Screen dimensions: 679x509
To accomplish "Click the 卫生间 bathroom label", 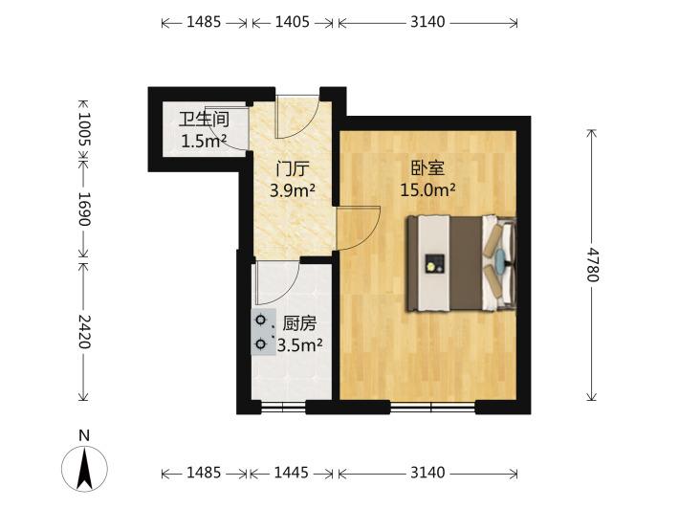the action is coord(204,120).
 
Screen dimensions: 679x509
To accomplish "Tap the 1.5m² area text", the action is coord(204,142).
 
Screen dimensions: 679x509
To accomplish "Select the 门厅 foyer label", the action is coord(293,169).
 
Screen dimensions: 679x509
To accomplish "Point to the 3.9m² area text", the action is coord(293,190).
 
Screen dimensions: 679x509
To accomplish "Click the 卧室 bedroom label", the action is coord(427,168).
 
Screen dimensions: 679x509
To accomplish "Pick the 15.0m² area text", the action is coord(427,189).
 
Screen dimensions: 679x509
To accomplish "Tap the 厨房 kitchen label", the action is coord(299,323).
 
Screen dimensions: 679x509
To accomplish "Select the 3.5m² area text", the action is coord(299,345).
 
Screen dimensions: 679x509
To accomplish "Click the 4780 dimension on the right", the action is coord(592,265).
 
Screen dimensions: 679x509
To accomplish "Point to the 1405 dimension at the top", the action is coord(293,22).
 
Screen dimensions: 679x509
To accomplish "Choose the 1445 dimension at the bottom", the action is coord(292,473).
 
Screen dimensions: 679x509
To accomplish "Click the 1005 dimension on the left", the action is coord(84,129).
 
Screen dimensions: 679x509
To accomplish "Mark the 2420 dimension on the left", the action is coord(84,332).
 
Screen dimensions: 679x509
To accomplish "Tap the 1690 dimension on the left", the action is coord(84,209).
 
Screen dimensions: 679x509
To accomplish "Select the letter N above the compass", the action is coord(84,435).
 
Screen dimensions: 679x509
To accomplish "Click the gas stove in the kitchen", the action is coord(263,332).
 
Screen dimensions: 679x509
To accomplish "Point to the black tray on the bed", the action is coord(435,263).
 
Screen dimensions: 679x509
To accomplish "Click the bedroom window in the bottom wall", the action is coord(432,407).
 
